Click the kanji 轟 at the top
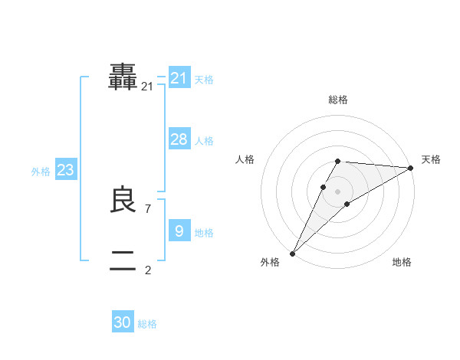coord(123,77)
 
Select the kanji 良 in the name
coord(123,200)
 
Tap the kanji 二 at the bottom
coord(123,261)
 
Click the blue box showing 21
coord(179,78)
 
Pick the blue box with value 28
coord(179,139)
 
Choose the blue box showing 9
coord(179,231)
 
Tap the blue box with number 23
coord(66,170)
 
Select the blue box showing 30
coord(123,322)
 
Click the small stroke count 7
coord(148,208)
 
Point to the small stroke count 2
coord(148,270)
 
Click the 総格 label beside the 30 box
coord(147,324)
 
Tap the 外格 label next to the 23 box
coord(41,172)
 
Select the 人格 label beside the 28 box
coord(204,141)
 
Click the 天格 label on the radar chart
coord(431,159)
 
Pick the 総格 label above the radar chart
coord(338,100)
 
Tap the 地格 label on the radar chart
coord(402,263)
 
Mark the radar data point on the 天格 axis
coord(411,168)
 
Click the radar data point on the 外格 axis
coord(292,254)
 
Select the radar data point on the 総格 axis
coord(338,161)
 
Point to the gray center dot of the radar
coord(338,191)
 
